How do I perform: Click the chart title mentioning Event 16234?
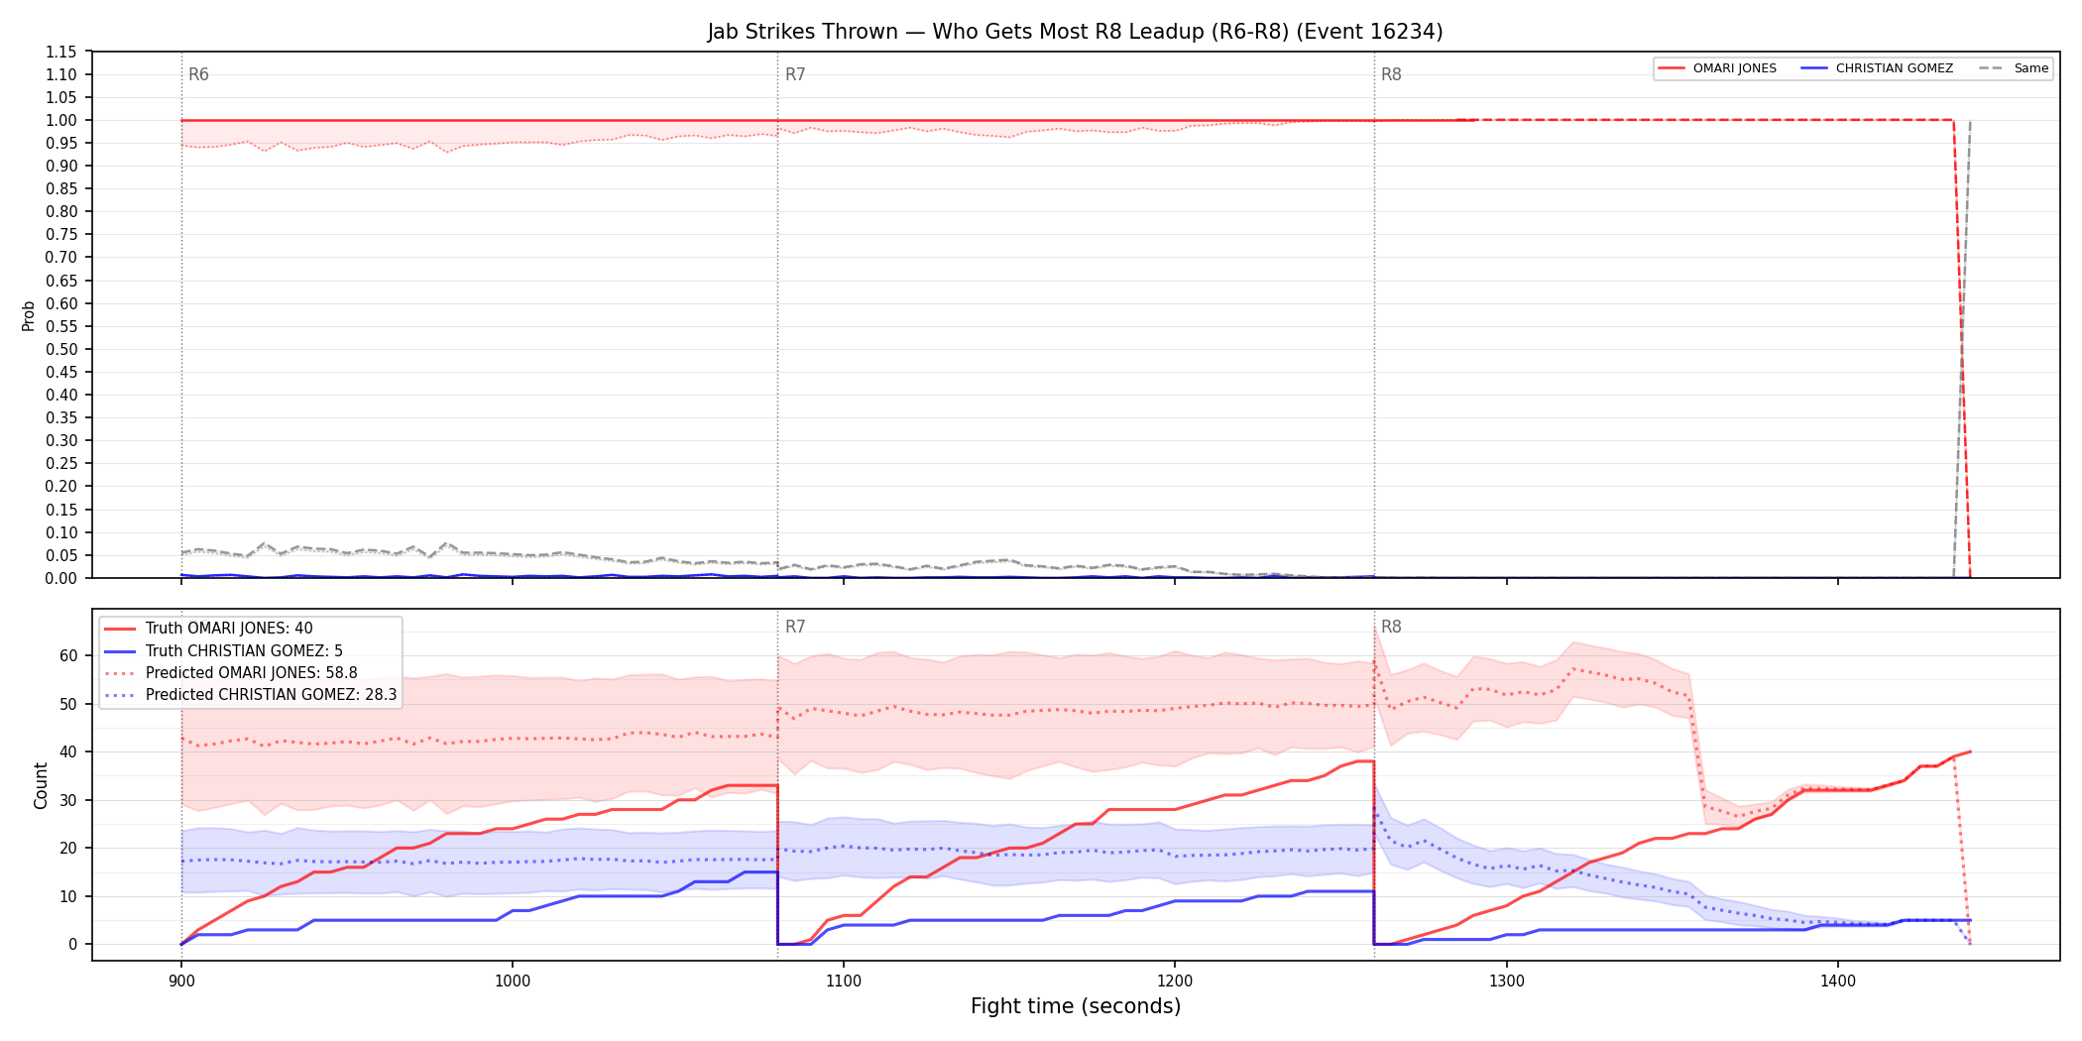click(x=1075, y=32)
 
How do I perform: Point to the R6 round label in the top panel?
click(x=198, y=74)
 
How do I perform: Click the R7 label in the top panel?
click(x=795, y=74)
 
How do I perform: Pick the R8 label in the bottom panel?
click(x=1391, y=627)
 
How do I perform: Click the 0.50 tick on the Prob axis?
click(x=61, y=349)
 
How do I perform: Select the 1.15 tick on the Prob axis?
click(x=61, y=52)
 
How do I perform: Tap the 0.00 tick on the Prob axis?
click(x=61, y=578)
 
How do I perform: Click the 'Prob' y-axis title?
click(x=29, y=315)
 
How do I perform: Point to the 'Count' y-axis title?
click(x=41, y=785)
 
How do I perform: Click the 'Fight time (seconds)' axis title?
click(x=1076, y=1006)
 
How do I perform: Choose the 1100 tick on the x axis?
click(x=843, y=982)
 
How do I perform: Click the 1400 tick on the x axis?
click(x=1837, y=982)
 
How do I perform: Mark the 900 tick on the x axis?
click(x=180, y=982)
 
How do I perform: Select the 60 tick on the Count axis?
click(x=68, y=655)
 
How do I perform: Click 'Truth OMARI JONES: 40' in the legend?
click(x=229, y=629)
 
